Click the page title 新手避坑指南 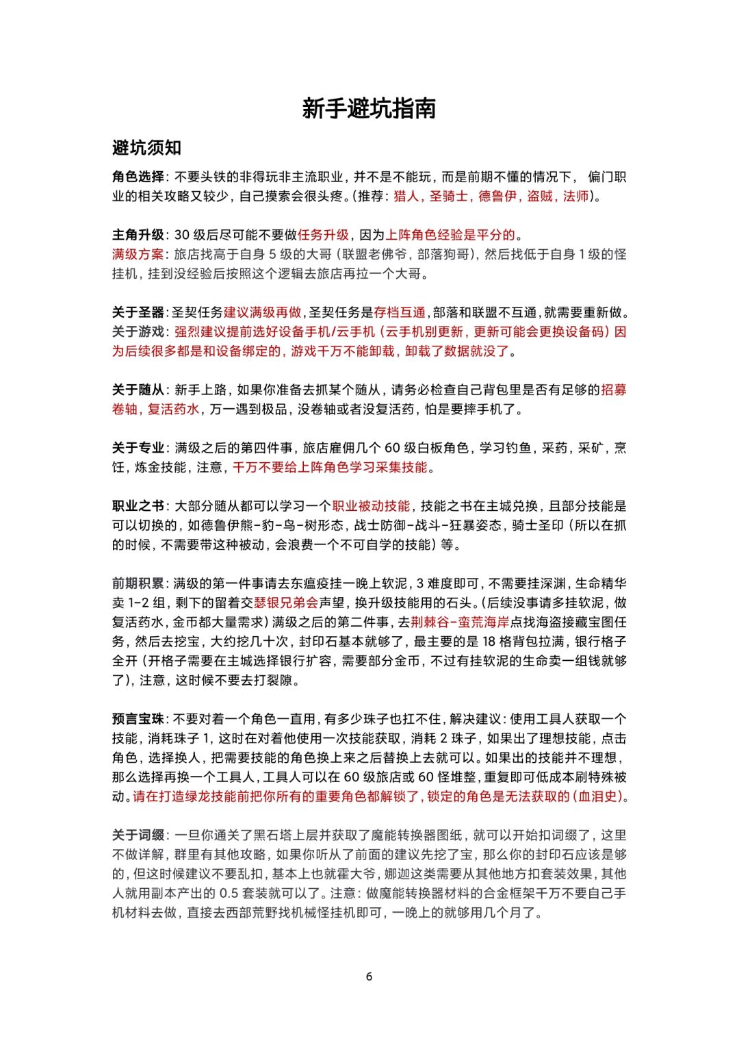369,108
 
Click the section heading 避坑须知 146,147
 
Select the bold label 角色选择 138,177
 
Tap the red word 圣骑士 449,196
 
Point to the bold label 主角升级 138,235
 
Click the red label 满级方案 138,254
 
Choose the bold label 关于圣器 138,312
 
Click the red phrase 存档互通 400,312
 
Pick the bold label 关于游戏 138,331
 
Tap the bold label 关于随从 138,390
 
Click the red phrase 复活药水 174,409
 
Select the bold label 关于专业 138,448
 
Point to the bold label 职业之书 138,506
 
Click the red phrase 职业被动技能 371,506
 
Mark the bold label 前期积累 138,583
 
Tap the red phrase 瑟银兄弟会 286,603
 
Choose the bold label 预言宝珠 138,719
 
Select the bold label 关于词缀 138,835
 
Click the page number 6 369,977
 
